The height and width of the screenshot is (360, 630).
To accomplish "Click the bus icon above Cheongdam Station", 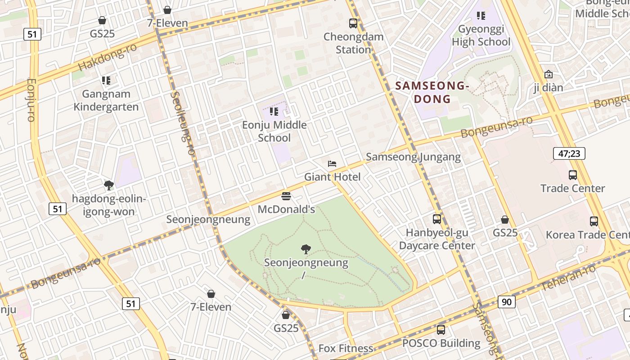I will pyautogui.click(x=353, y=23).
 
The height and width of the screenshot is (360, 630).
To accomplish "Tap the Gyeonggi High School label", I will pyautogui.click(x=481, y=36).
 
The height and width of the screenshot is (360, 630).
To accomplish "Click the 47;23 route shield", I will pyautogui.click(x=569, y=154).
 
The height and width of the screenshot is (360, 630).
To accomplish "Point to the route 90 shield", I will pyautogui.click(x=507, y=302).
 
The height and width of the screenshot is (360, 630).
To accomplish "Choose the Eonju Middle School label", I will pyautogui.click(x=274, y=131).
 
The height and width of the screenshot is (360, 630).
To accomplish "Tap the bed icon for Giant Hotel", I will pyautogui.click(x=332, y=164).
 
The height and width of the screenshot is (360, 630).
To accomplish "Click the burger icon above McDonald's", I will pyautogui.click(x=286, y=196).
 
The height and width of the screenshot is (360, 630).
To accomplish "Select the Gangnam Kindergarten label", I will pyautogui.click(x=106, y=100).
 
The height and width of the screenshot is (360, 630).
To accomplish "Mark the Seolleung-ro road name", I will pyautogui.click(x=183, y=123).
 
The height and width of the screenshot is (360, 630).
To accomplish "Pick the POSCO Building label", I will pyautogui.click(x=441, y=343).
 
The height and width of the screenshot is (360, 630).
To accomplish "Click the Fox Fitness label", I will pyautogui.click(x=346, y=348).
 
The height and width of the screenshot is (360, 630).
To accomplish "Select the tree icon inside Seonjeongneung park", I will pyautogui.click(x=306, y=249).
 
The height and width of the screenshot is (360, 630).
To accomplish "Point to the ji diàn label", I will pyautogui.click(x=548, y=87).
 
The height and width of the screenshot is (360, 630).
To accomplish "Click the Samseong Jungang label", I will pyautogui.click(x=413, y=157).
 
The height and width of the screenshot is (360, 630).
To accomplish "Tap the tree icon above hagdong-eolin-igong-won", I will pyautogui.click(x=108, y=185).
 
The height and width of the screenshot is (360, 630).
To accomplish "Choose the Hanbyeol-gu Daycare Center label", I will pyautogui.click(x=436, y=239).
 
